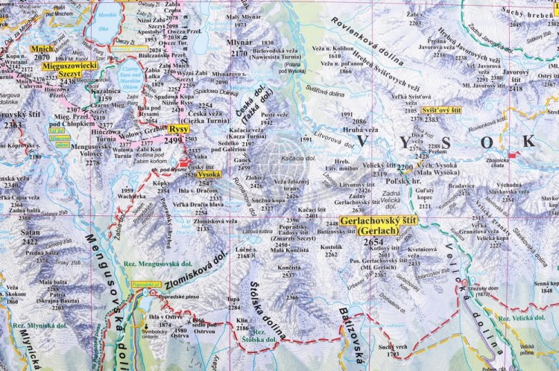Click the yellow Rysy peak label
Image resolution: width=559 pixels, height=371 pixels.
tap(179, 128)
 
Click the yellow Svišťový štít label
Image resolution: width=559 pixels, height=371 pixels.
tap(440, 110)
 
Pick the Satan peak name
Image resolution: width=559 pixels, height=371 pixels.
tap(31, 232)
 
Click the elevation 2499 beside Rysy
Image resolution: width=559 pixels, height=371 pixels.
tap(173, 139)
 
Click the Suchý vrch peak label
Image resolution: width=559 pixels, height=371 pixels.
tap(393, 346)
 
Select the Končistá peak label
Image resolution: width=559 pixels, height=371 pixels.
tap(287, 267)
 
